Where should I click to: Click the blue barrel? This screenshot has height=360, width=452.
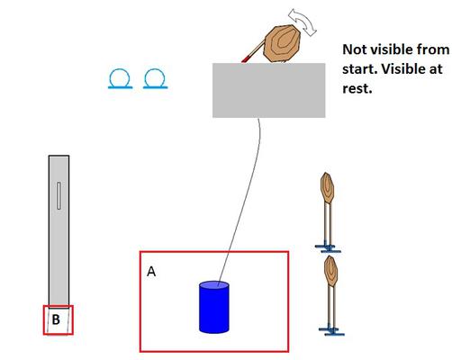(x=214, y=307)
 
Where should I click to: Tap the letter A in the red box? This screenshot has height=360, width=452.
(x=151, y=272)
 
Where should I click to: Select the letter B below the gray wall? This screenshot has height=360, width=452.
(x=56, y=319)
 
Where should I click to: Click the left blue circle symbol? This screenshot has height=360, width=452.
(x=120, y=79)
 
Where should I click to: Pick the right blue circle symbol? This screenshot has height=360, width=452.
(x=155, y=79)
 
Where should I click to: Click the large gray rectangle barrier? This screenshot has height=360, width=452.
(x=269, y=90)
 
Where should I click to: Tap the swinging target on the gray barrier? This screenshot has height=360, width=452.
(x=282, y=44)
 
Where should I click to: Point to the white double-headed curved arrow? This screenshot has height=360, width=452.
(x=303, y=22)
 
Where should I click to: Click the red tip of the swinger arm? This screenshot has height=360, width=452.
(x=246, y=59)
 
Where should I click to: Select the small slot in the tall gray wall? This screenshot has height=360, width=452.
(x=59, y=195)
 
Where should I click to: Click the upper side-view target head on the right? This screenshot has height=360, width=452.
(x=327, y=188)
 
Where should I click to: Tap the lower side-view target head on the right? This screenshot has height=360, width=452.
(x=330, y=271)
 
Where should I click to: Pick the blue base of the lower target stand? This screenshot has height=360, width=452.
(x=331, y=331)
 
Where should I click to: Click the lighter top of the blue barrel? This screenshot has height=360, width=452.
(x=214, y=284)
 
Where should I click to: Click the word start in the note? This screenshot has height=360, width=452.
(x=359, y=69)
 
